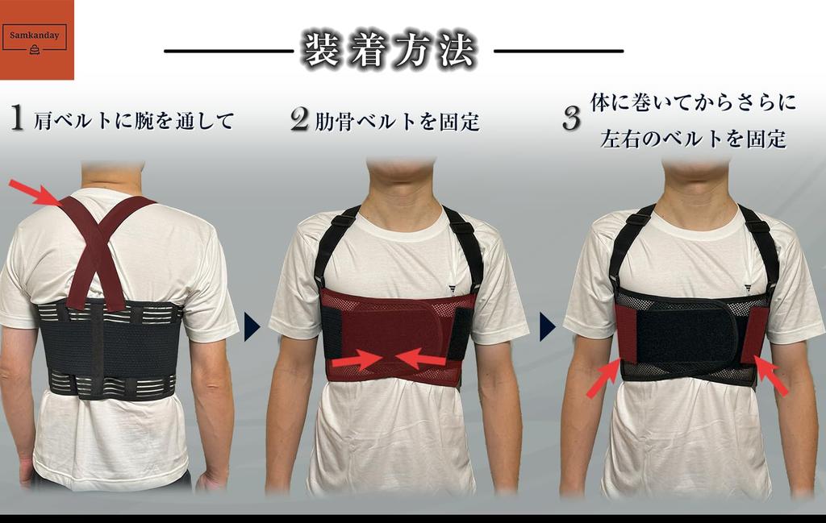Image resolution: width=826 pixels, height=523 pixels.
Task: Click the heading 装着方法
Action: (x=389, y=50)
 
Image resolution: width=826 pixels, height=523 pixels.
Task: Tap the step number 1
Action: (x=16, y=118)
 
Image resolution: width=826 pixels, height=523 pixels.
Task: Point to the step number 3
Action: (x=571, y=119)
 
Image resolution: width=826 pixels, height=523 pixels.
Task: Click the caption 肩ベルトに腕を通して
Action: (x=134, y=122)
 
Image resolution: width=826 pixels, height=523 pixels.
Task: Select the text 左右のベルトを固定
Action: (x=693, y=139)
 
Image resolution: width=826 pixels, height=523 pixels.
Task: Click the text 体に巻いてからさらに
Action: (x=693, y=102)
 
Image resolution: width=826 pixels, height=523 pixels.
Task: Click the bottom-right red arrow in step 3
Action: (x=771, y=376)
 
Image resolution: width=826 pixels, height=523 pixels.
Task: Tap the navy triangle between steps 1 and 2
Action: (x=251, y=326)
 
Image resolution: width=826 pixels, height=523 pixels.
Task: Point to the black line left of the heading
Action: (x=228, y=51)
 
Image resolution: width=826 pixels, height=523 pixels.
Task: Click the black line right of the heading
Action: (x=558, y=51)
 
